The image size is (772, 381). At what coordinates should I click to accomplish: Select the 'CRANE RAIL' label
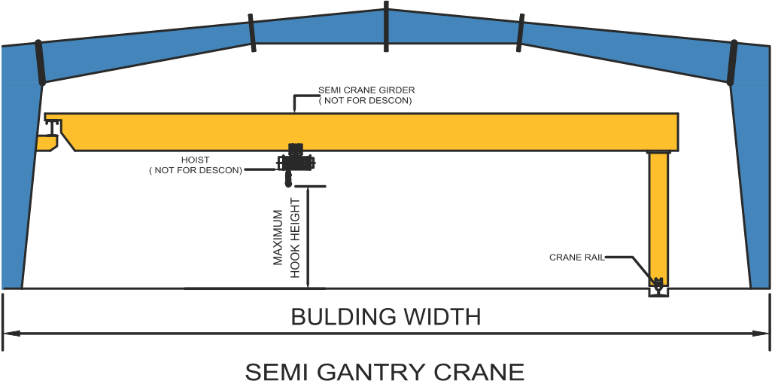576,258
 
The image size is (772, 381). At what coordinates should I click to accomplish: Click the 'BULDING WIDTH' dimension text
386,316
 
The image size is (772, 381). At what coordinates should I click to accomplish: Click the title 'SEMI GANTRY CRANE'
384,370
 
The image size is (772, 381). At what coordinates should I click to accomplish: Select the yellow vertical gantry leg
659,215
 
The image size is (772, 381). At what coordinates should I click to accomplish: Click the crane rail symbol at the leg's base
658,286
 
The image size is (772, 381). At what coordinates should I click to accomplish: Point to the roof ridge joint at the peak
386,26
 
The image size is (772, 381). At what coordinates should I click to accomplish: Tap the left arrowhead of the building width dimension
9,331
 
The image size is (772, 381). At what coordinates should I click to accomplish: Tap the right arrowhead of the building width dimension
763,331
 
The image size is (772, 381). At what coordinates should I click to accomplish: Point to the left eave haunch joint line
41,62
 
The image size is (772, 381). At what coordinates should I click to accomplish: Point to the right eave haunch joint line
731,62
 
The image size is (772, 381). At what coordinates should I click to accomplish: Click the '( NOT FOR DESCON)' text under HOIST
196,171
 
